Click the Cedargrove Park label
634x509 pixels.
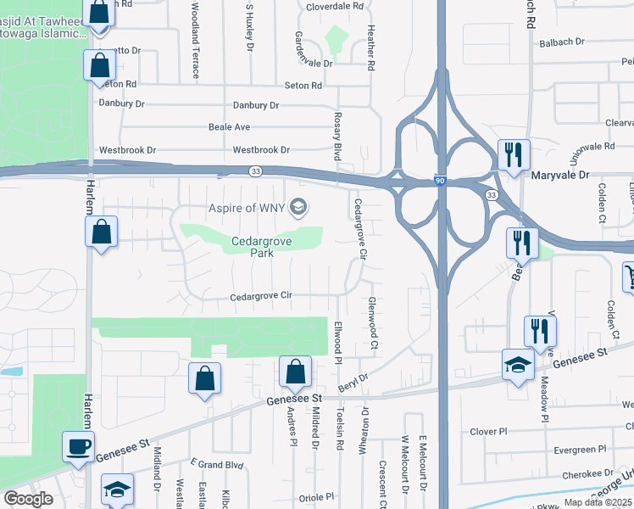point(251,248)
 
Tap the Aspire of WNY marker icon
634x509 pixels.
point(298,207)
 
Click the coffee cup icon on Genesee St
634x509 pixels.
point(79,445)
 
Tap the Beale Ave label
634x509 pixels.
point(229,127)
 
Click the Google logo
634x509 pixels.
point(28,499)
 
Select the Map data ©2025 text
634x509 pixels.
point(597,502)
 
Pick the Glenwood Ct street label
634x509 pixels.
point(372,324)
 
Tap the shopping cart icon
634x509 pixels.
point(629,276)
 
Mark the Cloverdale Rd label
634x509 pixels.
point(334,6)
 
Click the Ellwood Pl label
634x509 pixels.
point(337,337)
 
